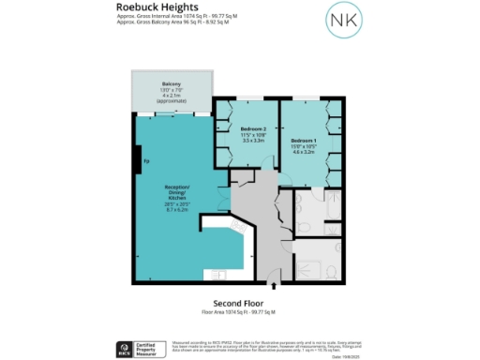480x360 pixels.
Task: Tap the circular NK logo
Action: click(341, 21)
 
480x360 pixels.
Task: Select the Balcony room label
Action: click(170, 83)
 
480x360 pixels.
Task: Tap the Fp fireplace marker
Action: click(145, 161)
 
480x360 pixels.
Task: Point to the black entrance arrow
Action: click(272, 286)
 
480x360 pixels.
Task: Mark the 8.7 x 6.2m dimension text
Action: click(177, 210)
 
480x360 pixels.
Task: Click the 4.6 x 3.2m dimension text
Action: click(316, 152)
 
